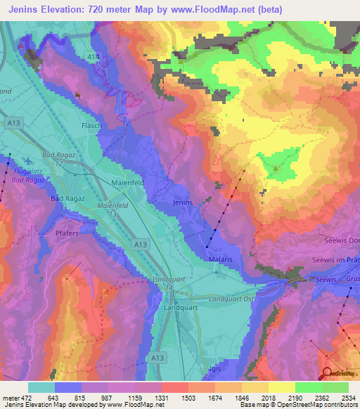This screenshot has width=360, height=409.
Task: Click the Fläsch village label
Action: pos(92,126)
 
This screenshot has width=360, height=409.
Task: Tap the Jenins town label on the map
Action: pos(182,202)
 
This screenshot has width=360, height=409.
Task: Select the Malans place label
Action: pos(220,259)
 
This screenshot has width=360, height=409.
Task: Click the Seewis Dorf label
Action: pos(342,240)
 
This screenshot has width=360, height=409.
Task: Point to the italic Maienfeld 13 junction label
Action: pos(112,210)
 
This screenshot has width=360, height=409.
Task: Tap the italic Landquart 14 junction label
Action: pos(167,283)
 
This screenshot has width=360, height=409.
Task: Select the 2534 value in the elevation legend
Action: pos(345,397)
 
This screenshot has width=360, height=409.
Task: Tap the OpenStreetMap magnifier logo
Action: pos(327,372)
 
